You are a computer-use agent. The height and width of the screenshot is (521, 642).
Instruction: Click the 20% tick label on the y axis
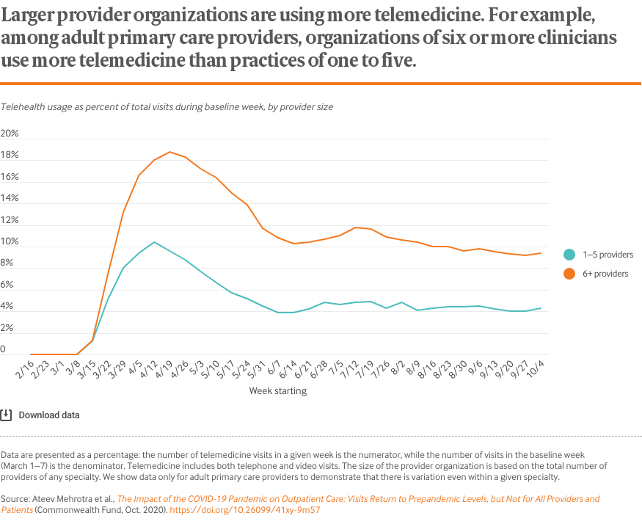pyautogui.click(x=10, y=134)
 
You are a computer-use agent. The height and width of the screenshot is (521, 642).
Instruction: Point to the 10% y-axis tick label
pyautogui.click(x=10, y=242)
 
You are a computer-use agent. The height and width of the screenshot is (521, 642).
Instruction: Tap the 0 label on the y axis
pyautogui.click(x=4, y=350)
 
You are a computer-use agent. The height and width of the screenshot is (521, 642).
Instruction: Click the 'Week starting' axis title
pyautogui.click(x=278, y=391)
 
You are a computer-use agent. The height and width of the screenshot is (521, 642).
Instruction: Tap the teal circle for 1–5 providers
pyautogui.click(x=569, y=255)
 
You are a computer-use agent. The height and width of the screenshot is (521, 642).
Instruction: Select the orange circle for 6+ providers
pyautogui.click(x=569, y=274)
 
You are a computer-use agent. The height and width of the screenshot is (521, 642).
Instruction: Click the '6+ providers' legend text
pyautogui.click(x=605, y=274)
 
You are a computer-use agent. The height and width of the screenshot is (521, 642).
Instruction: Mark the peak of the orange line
pyautogui.click(x=169, y=152)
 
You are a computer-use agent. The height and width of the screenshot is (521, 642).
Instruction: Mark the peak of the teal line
pyautogui.click(x=154, y=242)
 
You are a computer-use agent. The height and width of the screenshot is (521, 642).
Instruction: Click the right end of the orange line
pyautogui.click(x=541, y=253)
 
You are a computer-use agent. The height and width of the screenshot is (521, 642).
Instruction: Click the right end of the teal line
pyautogui.click(x=541, y=308)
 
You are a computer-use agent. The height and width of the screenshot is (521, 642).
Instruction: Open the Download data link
pyautogui.click(x=49, y=415)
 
